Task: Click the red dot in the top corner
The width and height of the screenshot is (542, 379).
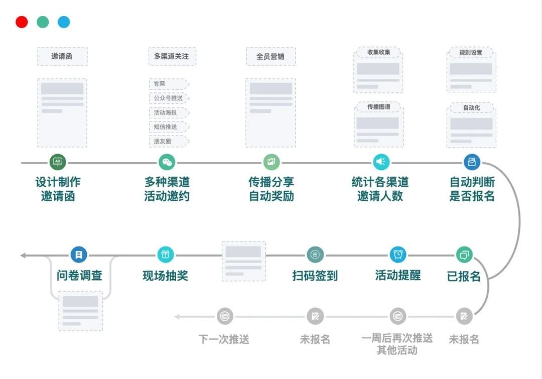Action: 22,22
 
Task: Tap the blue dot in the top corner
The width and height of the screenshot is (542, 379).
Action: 64,22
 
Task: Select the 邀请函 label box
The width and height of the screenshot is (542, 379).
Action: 62,56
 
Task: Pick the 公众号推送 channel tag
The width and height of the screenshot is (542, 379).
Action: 168,98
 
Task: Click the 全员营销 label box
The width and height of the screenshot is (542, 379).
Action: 270,56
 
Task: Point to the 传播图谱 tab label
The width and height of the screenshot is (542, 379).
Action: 378,107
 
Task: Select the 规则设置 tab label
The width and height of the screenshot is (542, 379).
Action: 471,53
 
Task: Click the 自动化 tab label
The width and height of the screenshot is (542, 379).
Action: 471,107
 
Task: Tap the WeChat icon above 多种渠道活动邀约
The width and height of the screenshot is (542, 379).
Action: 167,162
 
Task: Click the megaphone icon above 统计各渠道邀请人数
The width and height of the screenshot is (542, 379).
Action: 381,162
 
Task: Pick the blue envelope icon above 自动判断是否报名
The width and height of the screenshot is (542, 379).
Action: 472,162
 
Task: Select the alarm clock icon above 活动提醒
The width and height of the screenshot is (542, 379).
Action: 398,255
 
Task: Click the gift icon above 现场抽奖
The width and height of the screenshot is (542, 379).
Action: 166,255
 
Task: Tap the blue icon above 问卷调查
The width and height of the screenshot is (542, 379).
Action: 79,255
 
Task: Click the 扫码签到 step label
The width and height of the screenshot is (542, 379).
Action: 315,276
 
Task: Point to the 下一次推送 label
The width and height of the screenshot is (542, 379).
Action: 224,339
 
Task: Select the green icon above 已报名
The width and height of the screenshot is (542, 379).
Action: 464,255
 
